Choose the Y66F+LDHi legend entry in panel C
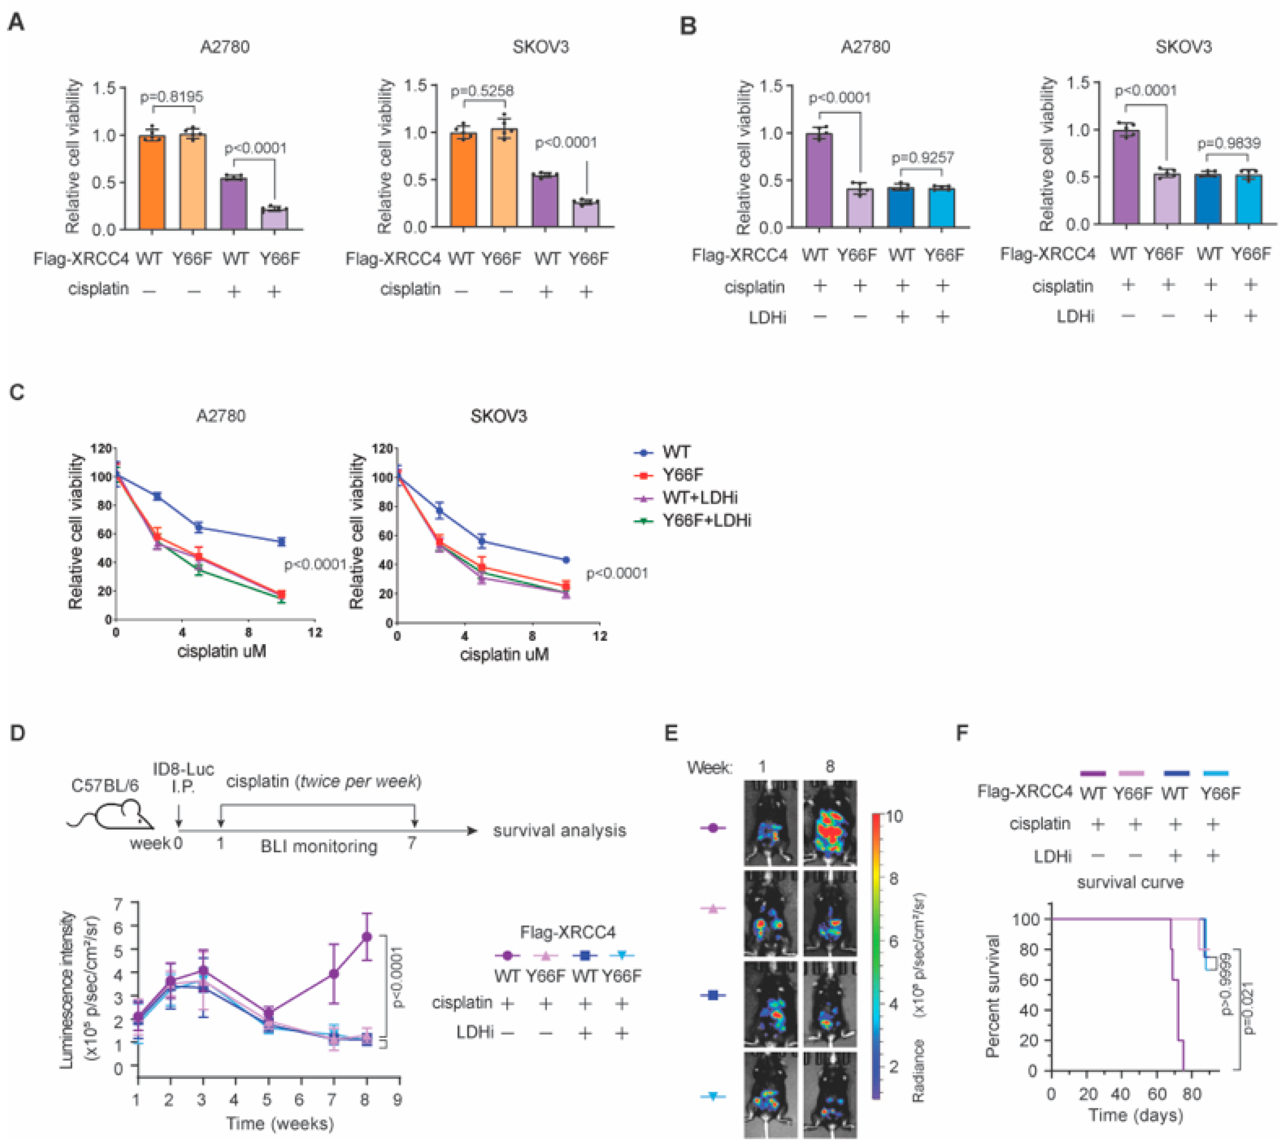(x=706, y=521)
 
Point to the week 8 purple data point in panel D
(x=366, y=936)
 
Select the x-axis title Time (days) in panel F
(x=1136, y=1116)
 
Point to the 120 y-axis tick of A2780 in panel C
(x=101, y=448)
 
